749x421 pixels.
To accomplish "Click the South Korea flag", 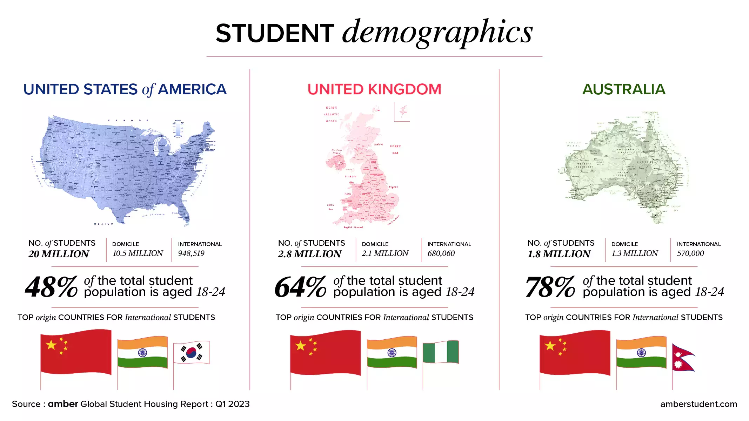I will coord(191,353).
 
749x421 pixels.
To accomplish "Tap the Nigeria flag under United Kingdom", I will coord(441,352).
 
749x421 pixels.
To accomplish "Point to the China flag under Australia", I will coord(574,352).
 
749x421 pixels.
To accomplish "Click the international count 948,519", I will coord(191,253).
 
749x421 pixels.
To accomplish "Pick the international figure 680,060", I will coord(441,253).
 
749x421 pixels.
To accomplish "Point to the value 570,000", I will coord(690,253).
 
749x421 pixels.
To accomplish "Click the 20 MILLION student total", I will coord(59,254).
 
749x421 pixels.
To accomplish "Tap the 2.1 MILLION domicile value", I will coord(385,253).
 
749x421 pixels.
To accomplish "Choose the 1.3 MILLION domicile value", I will coord(635,253).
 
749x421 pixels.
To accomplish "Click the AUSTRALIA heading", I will coord(624,89).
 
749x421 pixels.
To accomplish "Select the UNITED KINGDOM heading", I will coord(374,89).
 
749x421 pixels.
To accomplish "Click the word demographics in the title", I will coord(437,32).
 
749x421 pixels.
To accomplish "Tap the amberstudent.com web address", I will coord(698,404).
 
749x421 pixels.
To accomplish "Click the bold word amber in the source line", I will coord(63,404).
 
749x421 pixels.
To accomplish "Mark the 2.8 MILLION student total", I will coord(309,254).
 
